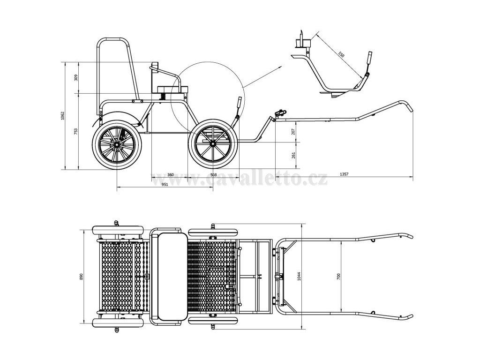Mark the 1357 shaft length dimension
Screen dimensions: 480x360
345,174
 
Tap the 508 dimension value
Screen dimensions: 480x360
213,174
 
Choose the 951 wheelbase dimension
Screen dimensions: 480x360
165,185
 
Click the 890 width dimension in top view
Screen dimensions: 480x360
82,276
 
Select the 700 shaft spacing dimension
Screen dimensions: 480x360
338,276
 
